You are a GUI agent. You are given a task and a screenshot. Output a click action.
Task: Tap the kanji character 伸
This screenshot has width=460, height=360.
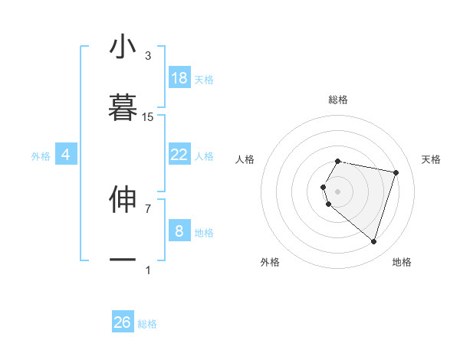(x=123, y=198)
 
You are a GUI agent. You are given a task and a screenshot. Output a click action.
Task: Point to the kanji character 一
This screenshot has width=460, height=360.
(x=123, y=260)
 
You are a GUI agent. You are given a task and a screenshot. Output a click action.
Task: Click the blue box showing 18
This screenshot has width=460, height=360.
(x=179, y=78)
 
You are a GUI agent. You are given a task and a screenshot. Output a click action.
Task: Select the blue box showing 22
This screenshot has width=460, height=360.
(x=179, y=155)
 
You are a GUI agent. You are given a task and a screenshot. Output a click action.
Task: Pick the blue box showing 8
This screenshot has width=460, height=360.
(x=179, y=231)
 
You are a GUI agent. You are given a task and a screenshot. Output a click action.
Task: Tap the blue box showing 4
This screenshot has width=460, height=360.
(x=66, y=155)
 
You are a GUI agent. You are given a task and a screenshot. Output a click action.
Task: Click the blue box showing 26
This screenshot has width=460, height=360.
(x=123, y=322)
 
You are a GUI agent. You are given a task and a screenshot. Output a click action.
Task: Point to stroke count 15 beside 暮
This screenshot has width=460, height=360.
(x=148, y=117)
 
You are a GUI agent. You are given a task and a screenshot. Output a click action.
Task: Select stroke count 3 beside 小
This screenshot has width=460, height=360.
(x=148, y=56)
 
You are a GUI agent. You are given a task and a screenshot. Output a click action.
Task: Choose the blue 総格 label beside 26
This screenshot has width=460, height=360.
(x=147, y=324)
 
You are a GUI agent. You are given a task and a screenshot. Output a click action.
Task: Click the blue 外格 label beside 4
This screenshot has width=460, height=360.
(x=41, y=156)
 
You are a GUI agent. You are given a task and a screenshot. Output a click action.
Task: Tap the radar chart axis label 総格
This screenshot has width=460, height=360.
(x=338, y=100)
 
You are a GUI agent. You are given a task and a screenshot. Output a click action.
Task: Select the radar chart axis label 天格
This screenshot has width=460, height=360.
(x=431, y=159)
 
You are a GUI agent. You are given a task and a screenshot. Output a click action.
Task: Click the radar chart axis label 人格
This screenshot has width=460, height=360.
(x=245, y=159)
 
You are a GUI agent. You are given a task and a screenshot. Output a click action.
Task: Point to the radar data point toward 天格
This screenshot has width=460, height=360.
(x=396, y=172)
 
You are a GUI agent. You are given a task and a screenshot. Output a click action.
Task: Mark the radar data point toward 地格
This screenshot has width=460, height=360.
(x=373, y=242)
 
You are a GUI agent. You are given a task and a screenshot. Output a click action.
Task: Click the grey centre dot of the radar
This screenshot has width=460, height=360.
(x=338, y=191)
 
